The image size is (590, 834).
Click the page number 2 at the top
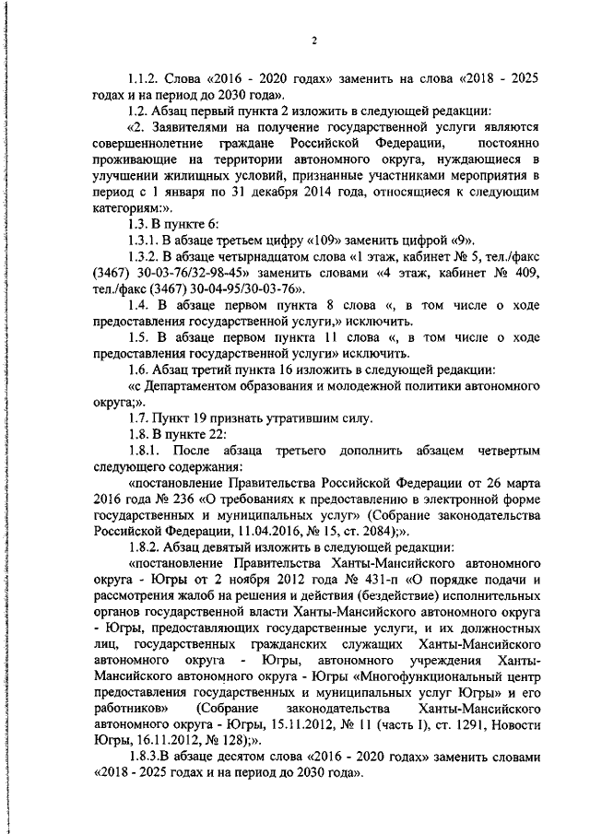[x=313, y=40]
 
